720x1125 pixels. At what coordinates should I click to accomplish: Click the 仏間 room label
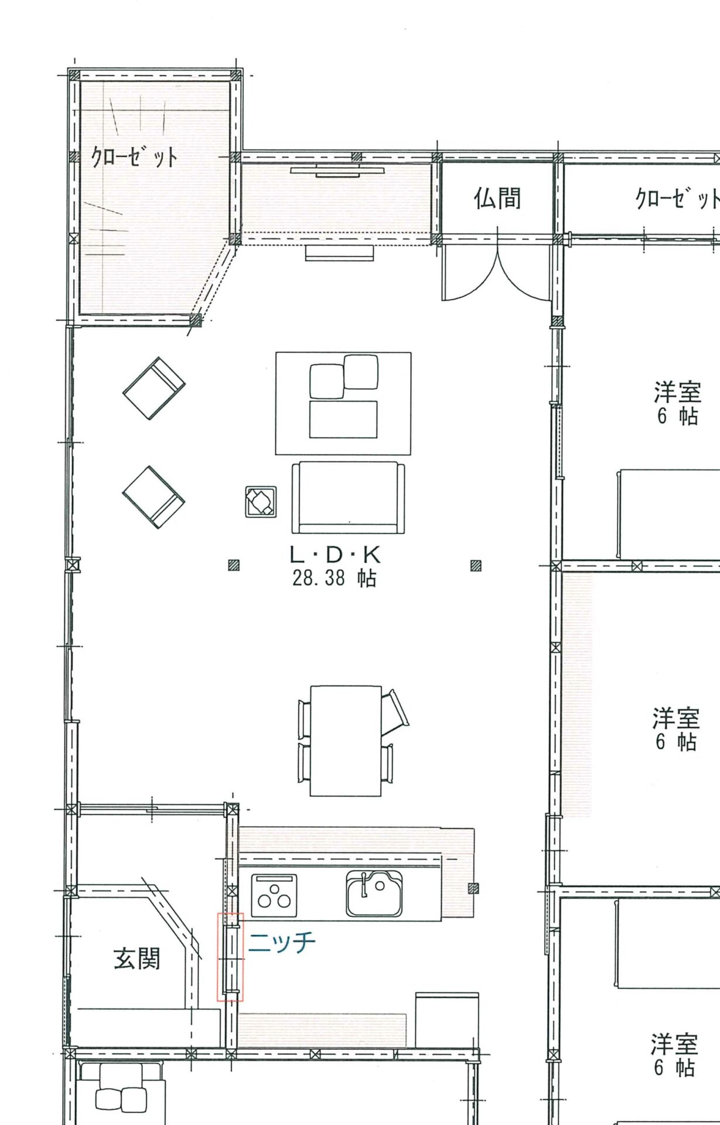point(497,198)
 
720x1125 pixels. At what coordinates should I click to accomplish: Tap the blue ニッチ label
point(282,942)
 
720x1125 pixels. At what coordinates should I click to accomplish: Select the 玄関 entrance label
point(137,959)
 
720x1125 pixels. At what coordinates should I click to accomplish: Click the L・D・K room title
point(335,554)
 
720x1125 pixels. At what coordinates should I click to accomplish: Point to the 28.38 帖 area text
point(334,578)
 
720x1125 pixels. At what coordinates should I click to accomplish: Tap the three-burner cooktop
point(274,896)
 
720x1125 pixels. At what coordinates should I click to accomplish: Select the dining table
point(346,741)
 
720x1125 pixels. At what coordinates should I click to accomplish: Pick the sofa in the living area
point(348,497)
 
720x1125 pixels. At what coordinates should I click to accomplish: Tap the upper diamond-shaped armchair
point(154,388)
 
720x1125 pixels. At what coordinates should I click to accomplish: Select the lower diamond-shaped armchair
point(154,497)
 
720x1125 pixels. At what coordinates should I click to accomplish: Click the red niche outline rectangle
point(230,957)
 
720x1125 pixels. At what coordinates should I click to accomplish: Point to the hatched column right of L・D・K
point(476,565)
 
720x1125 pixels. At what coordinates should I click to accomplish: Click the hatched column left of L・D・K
point(234,565)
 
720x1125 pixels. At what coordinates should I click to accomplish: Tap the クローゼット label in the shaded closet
point(134,156)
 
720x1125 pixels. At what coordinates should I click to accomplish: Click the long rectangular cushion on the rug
point(343,420)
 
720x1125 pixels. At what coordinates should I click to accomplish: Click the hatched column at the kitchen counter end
point(473,888)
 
